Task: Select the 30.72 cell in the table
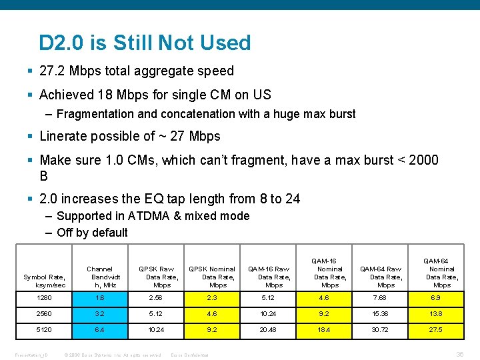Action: click(x=386, y=329)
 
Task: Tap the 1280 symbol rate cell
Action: click(x=44, y=297)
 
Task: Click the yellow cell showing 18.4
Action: click(x=330, y=329)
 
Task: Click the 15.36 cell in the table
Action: click(x=386, y=313)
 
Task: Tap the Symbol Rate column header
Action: click(x=44, y=281)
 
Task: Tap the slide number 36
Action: click(x=459, y=355)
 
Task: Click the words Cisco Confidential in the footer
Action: click(x=190, y=355)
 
